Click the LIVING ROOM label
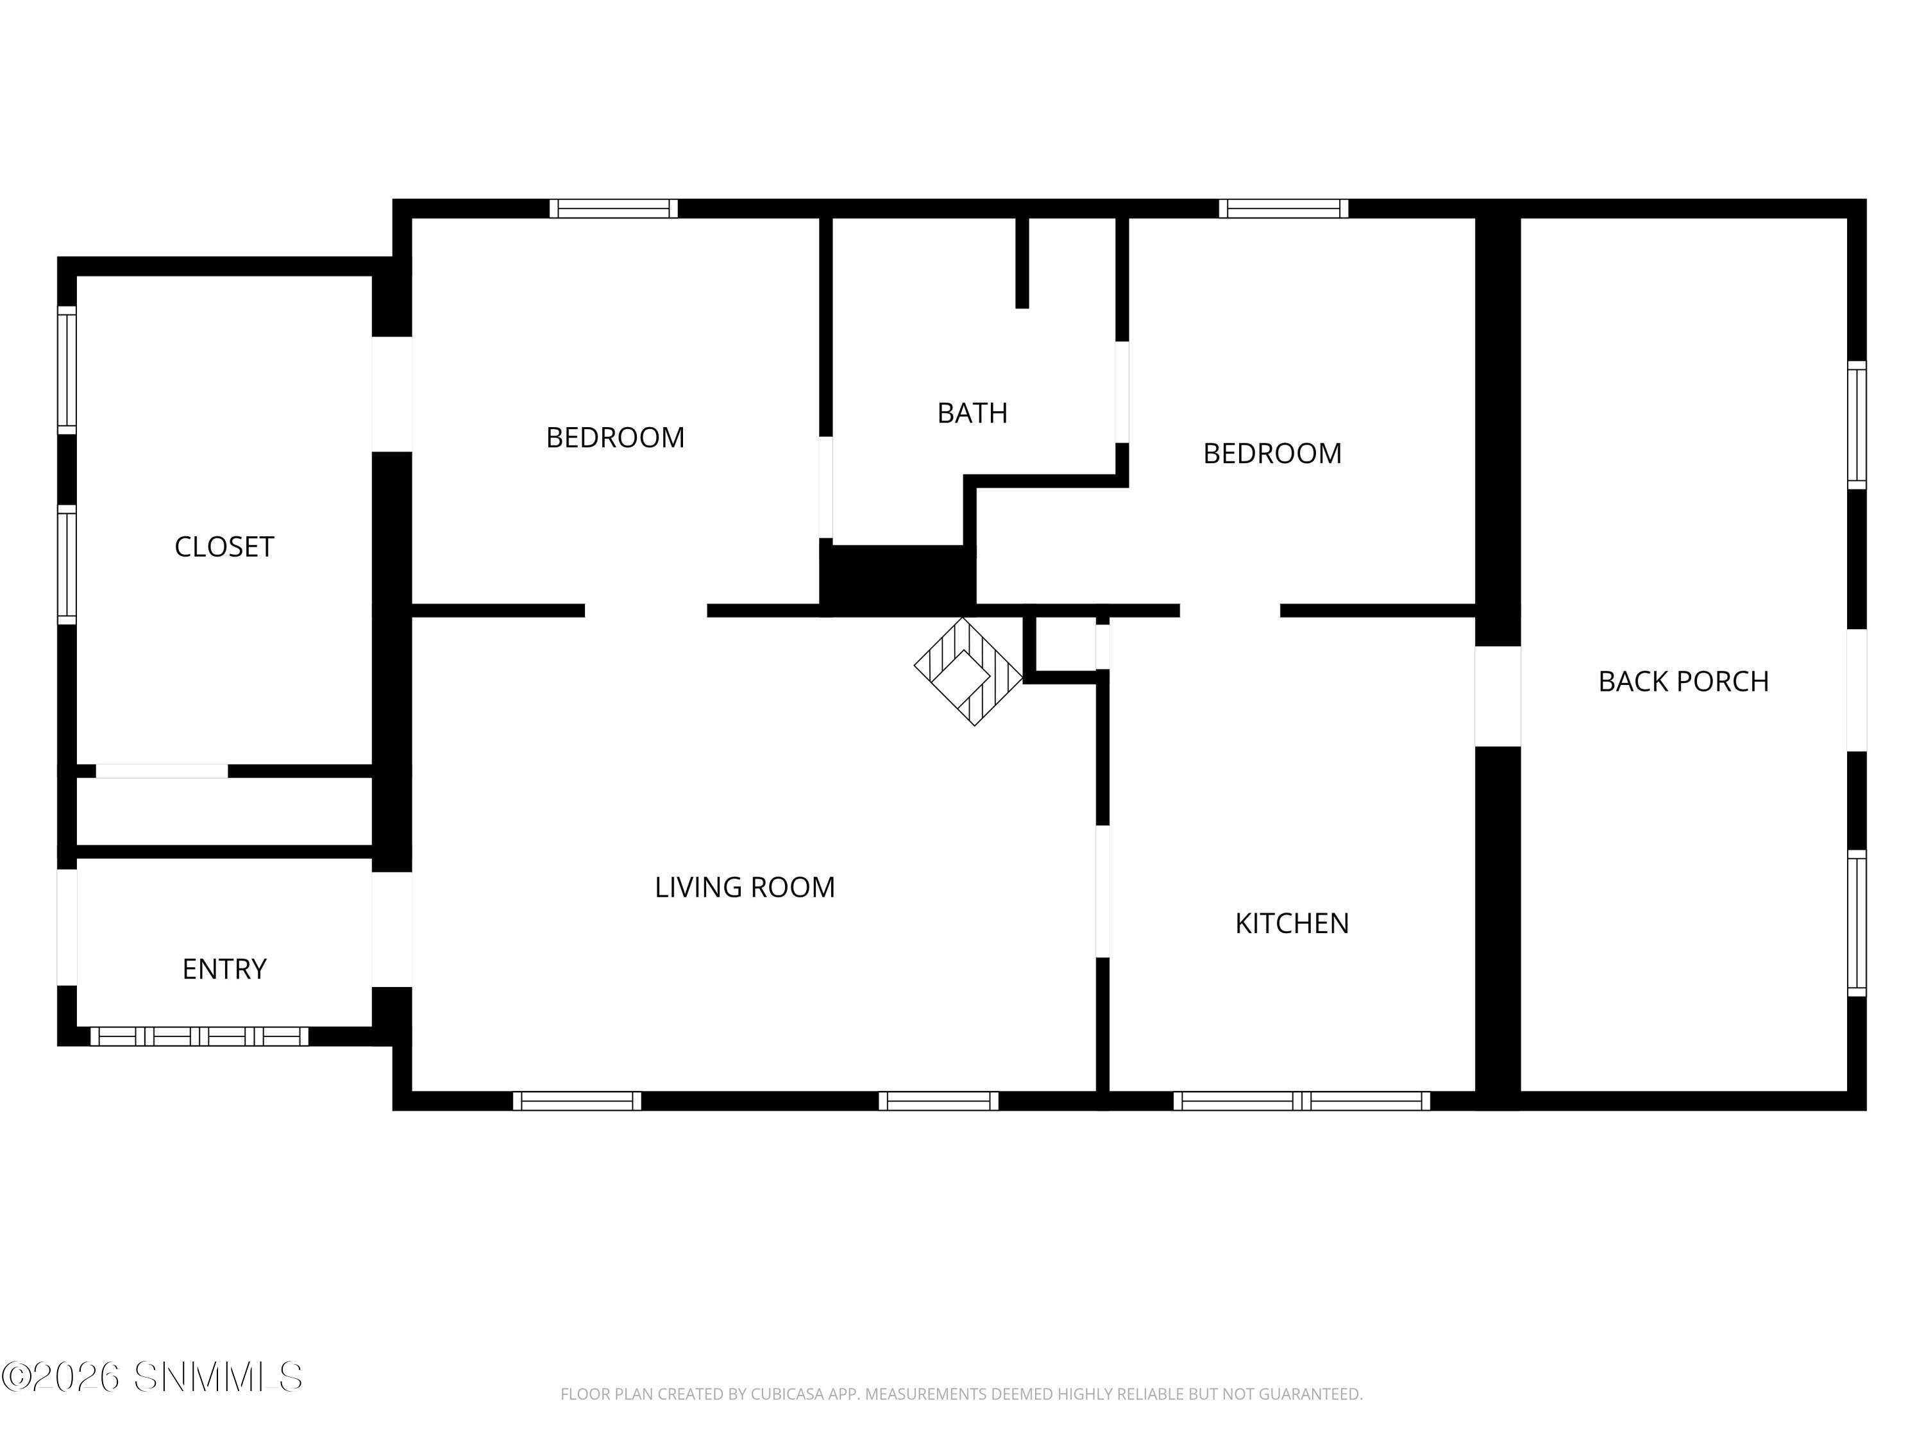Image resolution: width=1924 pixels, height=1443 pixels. pyautogui.click(x=745, y=887)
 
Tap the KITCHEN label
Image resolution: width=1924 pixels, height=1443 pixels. pyautogui.click(x=1292, y=923)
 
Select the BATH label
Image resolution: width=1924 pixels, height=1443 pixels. pyautogui.click(x=972, y=412)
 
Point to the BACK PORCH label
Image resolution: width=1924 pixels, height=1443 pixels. pyautogui.click(x=1683, y=681)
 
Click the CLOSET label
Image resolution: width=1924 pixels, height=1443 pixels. pyautogui.click(x=224, y=546)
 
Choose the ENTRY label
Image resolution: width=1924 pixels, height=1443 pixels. pyautogui.click(x=224, y=969)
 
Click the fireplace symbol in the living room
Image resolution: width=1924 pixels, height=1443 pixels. pyautogui.click(x=967, y=671)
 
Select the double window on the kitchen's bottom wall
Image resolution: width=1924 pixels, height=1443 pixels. pyautogui.click(x=1301, y=1101)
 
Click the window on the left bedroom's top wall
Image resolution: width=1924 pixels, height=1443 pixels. pyautogui.click(x=613, y=208)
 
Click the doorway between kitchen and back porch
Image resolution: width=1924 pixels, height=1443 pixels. pyautogui.click(x=1498, y=696)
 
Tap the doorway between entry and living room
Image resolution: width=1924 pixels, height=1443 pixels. pyautogui.click(x=392, y=929)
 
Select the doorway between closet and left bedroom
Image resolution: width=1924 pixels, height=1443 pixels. pyautogui.click(x=392, y=394)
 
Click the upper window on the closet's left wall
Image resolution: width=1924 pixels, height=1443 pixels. pyautogui.click(x=67, y=369)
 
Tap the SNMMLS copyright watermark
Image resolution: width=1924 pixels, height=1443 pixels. pyautogui.click(x=152, y=1377)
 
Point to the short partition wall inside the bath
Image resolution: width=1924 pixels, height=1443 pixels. pyautogui.click(x=1022, y=263)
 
